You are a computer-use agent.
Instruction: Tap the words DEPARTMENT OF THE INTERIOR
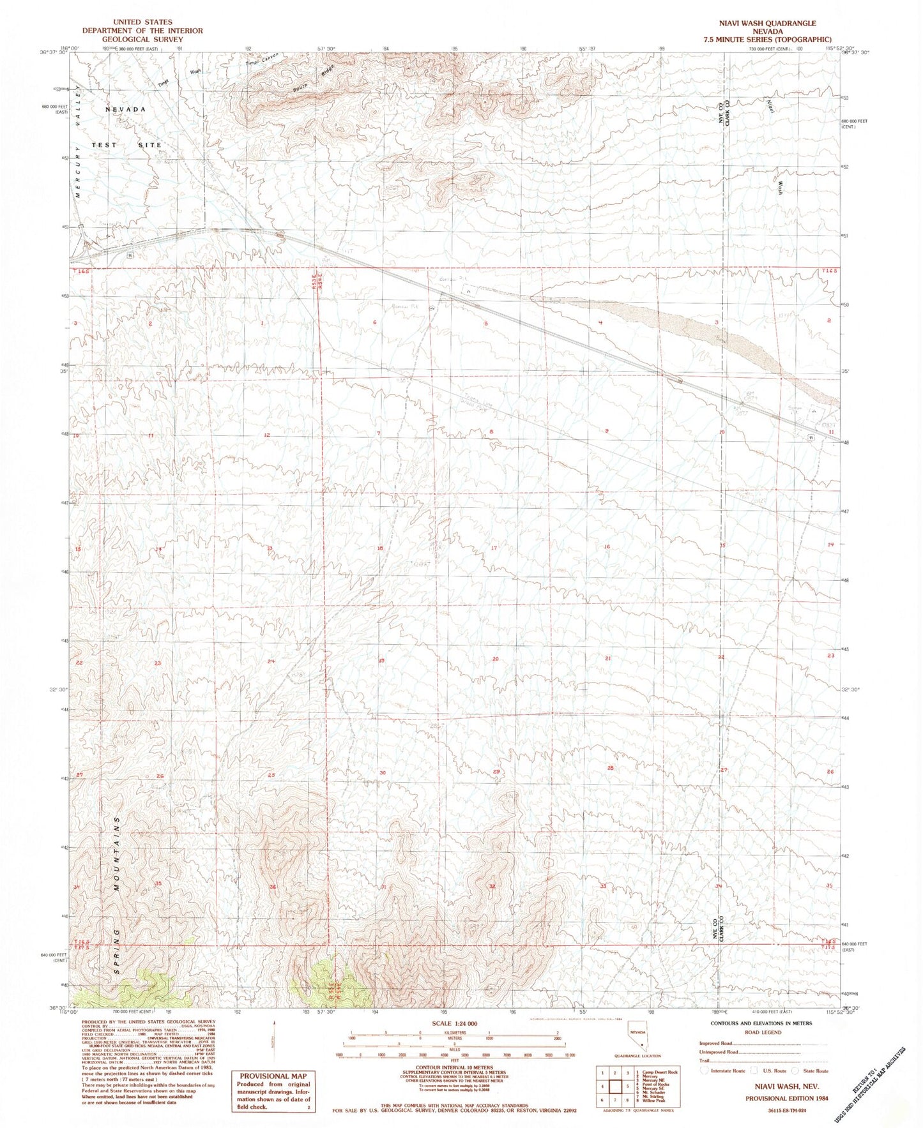[142, 31]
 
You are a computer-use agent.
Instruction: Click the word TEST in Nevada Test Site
[104, 145]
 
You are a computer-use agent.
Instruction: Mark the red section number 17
[494, 548]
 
